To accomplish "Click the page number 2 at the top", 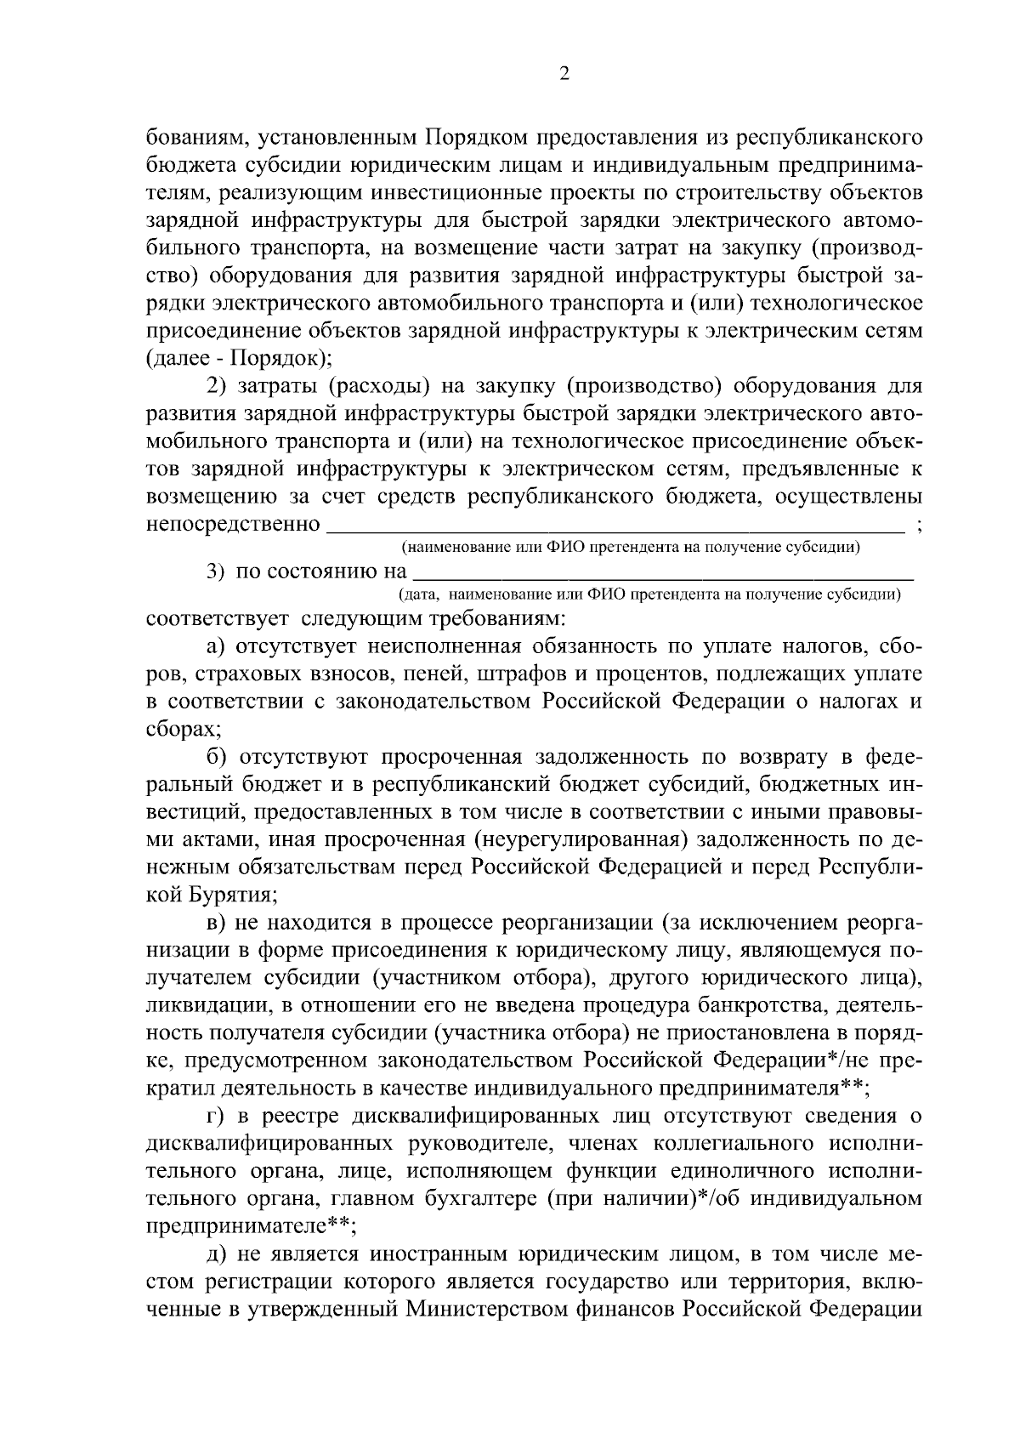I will pyautogui.click(x=564, y=74).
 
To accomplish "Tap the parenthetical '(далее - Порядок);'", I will pyautogui.click(x=238, y=358).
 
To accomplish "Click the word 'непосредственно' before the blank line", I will pyautogui.click(x=233, y=524).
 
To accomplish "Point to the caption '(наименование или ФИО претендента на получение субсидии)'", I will pyautogui.click(x=631, y=547).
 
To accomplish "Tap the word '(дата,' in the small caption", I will pyautogui.click(x=416, y=594).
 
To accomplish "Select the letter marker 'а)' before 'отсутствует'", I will pyautogui.click(x=217, y=646).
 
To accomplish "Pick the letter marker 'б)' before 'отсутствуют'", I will pyautogui.click(x=217, y=757).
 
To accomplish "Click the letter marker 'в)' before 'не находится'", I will pyautogui.click(x=217, y=922).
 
